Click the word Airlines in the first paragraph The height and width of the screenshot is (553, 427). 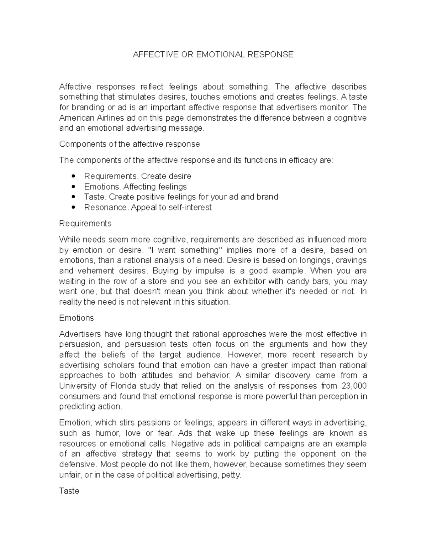100,118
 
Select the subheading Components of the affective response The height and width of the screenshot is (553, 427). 129,144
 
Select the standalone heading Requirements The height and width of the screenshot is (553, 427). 85,224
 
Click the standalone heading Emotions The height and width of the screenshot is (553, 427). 77,318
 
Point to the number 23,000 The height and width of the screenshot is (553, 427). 354,386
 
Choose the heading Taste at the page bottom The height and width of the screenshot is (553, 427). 69,491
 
